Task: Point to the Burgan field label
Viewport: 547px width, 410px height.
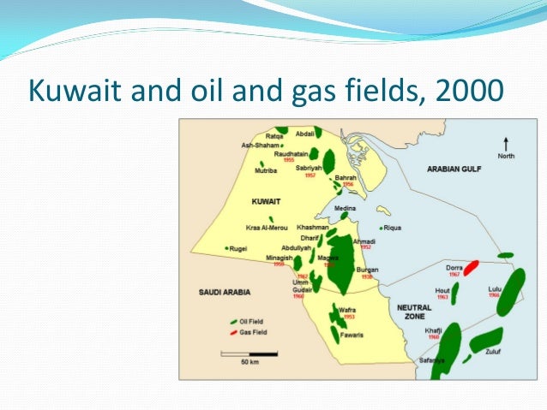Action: pos(367,270)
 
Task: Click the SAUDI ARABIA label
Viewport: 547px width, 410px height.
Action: pos(225,292)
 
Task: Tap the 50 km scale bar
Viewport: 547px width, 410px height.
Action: pos(249,353)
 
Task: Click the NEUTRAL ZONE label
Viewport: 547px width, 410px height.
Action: pos(415,311)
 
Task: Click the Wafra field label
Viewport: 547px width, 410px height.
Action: pos(346,310)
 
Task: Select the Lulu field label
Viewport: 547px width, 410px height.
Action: pos(495,289)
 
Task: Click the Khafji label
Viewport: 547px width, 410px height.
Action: pos(433,330)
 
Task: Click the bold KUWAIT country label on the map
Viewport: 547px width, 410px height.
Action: pos(266,201)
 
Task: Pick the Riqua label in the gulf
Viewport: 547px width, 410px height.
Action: pos(393,228)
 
